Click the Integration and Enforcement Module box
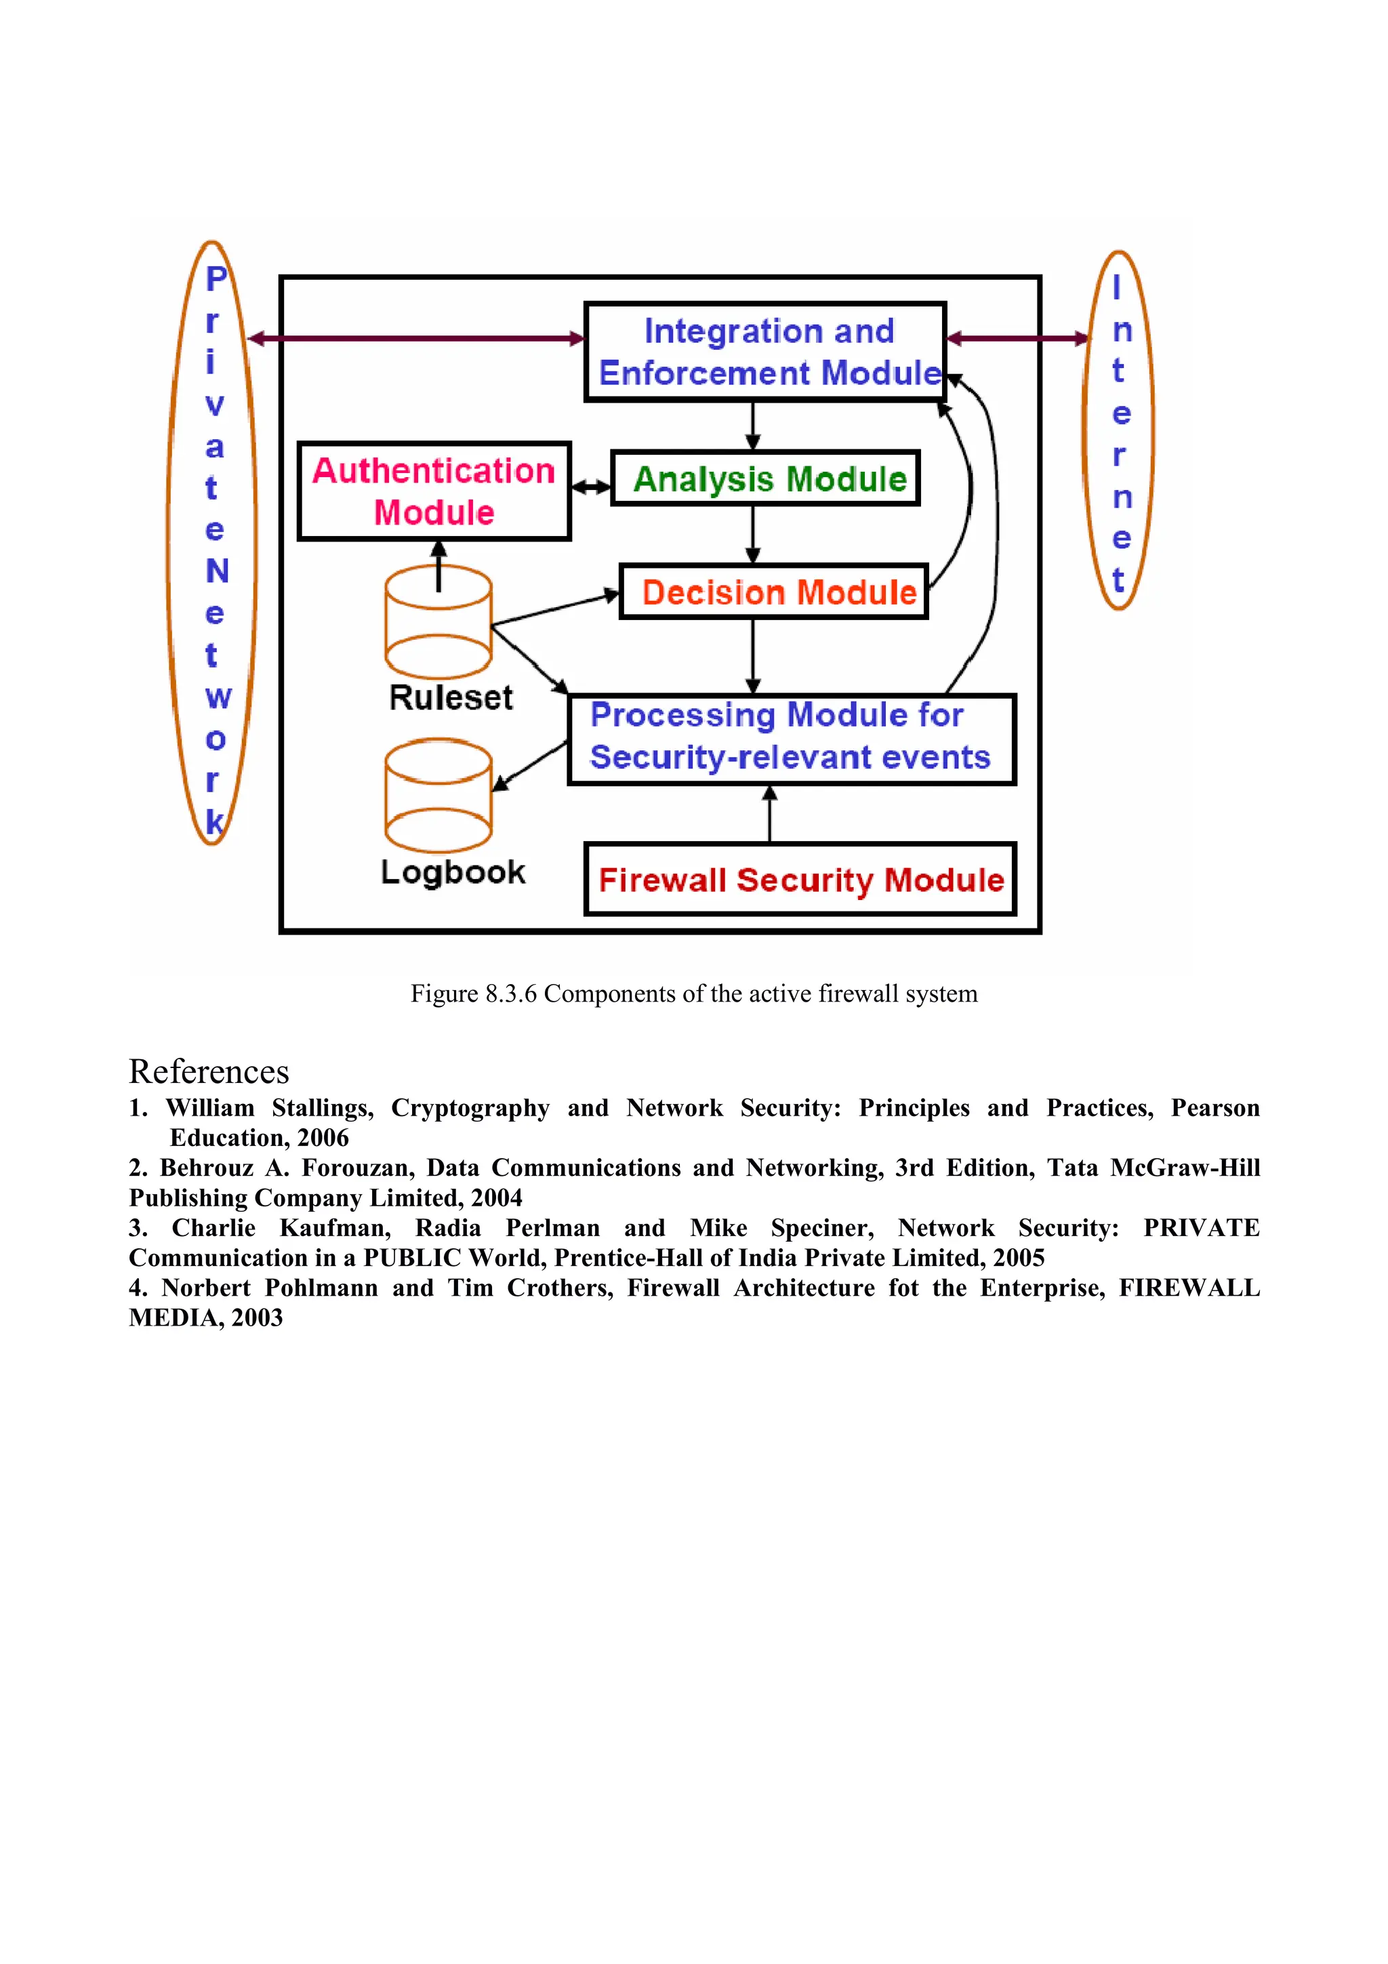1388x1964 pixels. tap(765, 352)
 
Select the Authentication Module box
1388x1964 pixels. tap(434, 491)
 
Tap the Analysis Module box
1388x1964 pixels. tap(765, 478)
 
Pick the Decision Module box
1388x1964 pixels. tap(774, 592)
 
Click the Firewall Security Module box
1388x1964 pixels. tap(800, 880)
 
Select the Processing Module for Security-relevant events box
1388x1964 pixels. tap(791, 739)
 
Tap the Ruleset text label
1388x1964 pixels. tap(451, 698)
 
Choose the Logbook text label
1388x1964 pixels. tap(453, 872)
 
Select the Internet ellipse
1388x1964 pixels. tap(1119, 430)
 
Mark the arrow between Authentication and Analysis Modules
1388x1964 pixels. tap(591, 487)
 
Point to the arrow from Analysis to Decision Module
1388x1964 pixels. tap(752, 534)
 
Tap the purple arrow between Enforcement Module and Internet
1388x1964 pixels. tap(1018, 339)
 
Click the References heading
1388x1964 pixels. tap(209, 1072)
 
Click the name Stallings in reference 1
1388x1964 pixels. tap(323, 1108)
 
